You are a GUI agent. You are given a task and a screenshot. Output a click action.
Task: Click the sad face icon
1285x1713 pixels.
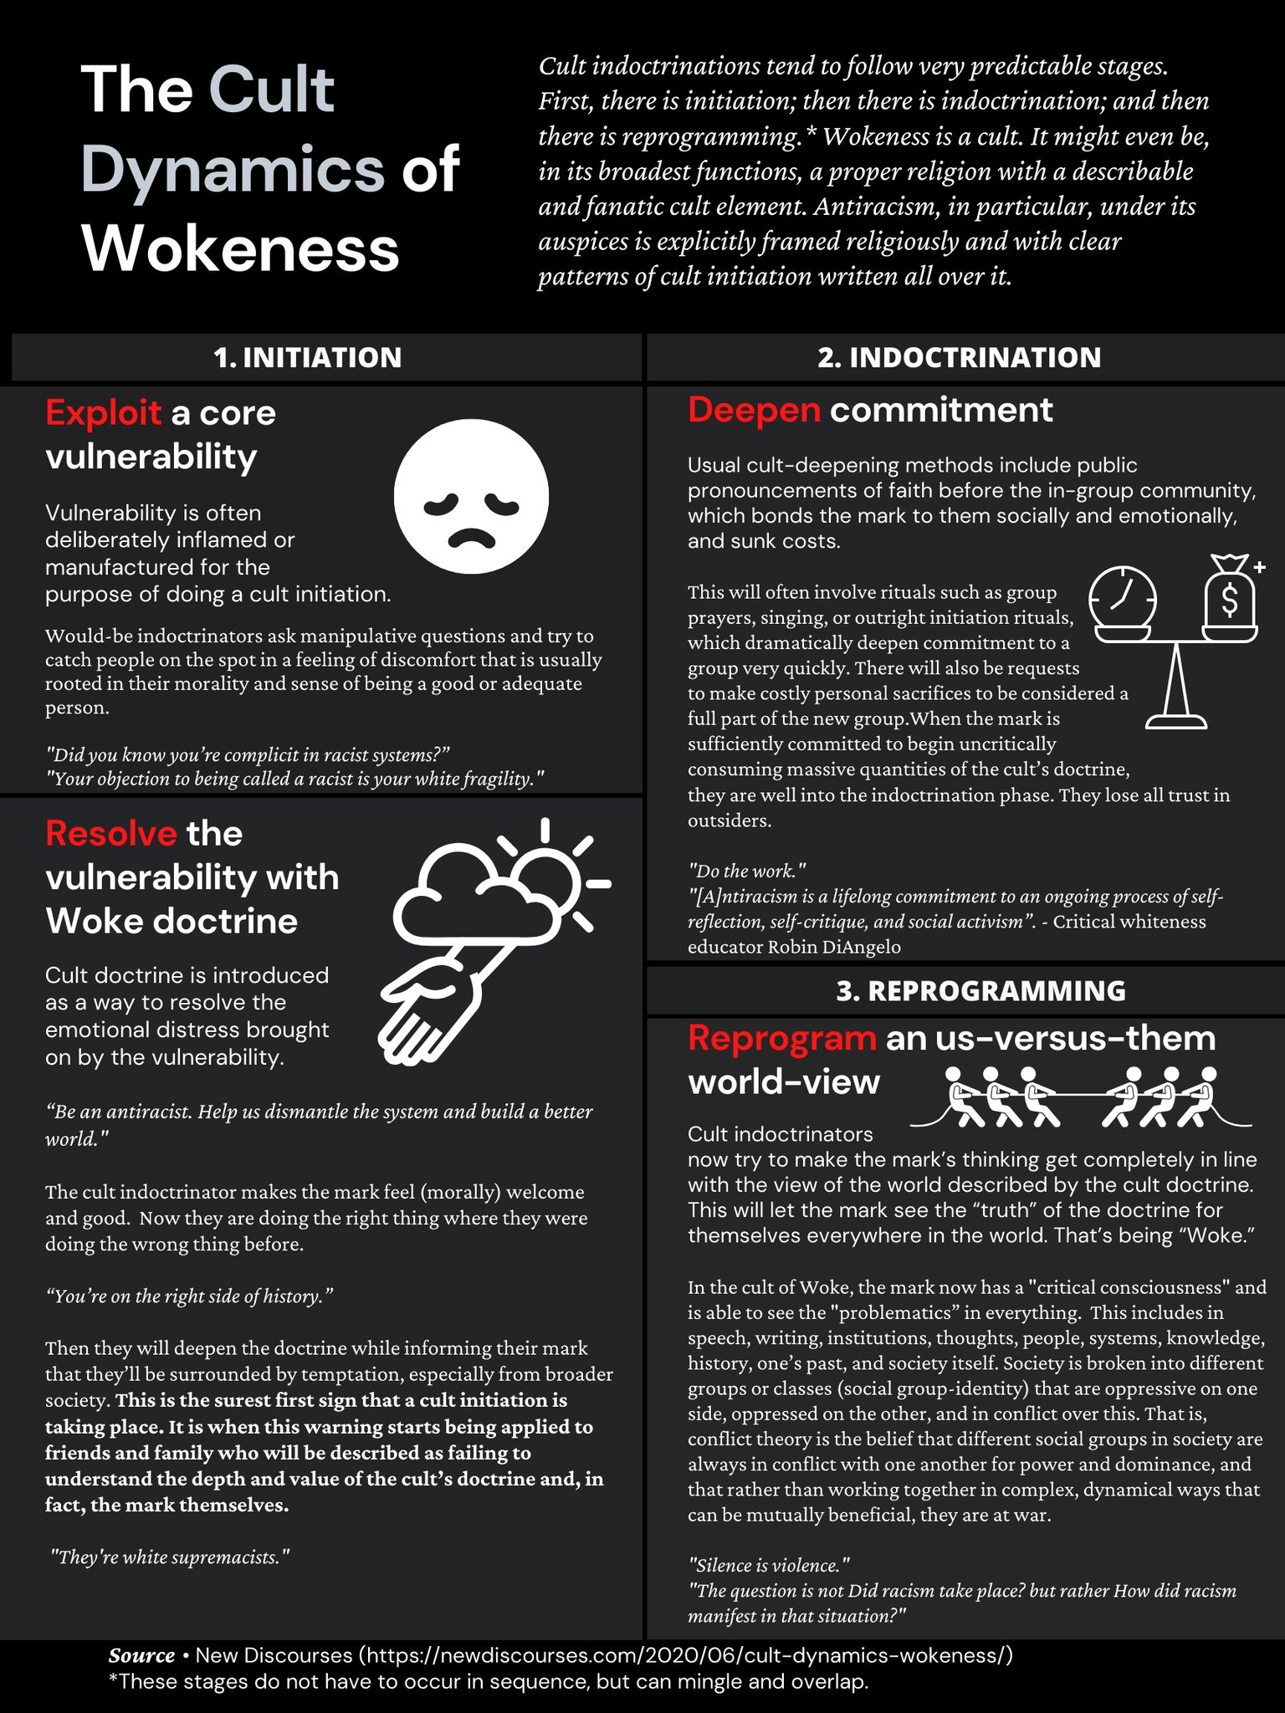click(x=471, y=496)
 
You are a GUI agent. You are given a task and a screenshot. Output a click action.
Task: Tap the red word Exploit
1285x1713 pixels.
click(x=103, y=413)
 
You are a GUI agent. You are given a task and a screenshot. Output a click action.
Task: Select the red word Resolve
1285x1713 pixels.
click(x=110, y=834)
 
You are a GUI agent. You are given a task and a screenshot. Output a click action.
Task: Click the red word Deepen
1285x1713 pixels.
click(x=754, y=410)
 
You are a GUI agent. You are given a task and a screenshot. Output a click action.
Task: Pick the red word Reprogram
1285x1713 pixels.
click(x=781, y=1038)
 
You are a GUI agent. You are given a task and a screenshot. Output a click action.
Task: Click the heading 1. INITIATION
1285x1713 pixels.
click(x=308, y=357)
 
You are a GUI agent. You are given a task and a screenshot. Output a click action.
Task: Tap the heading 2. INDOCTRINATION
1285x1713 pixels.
click(x=959, y=357)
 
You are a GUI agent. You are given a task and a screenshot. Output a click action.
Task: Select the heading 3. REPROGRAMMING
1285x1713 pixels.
click(x=980, y=990)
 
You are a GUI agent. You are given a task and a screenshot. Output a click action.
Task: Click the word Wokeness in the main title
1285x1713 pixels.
click(x=241, y=248)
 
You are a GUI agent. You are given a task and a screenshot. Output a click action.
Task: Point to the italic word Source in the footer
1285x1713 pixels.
click(x=141, y=1655)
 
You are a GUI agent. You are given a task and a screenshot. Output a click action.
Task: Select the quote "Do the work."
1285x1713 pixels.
click(x=746, y=871)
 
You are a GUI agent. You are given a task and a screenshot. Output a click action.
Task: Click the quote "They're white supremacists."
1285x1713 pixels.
click(x=170, y=1557)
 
